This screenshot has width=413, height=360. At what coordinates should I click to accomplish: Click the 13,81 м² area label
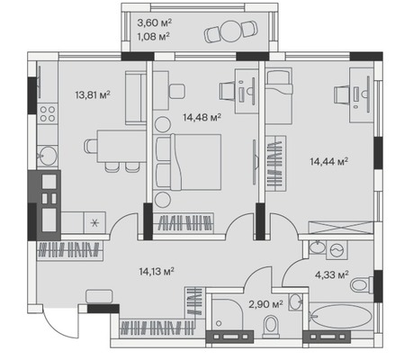click(x=93, y=95)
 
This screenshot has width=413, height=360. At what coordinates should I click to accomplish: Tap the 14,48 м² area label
click(x=202, y=117)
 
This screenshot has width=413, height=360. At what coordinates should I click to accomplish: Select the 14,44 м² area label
click(x=329, y=162)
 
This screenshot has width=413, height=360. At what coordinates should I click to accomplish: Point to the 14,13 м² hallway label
click(x=157, y=272)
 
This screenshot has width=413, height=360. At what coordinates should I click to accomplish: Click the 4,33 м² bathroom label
click(x=332, y=274)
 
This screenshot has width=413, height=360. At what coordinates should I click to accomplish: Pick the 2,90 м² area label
click(x=265, y=304)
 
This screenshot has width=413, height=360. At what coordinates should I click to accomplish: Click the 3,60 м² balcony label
click(x=155, y=22)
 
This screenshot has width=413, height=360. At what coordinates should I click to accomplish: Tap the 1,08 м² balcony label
click(x=154, y=37)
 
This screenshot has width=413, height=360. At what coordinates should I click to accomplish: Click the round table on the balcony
click(x=231, y=31)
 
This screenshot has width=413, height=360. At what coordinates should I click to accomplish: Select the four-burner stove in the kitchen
click(x=48, y=114)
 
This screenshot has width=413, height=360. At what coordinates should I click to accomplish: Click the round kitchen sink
click(x=48, y=155)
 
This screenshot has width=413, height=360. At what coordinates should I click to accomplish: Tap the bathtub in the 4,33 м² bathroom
click(x=341, y=317)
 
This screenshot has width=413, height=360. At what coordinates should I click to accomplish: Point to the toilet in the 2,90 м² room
click(x=271, y=326)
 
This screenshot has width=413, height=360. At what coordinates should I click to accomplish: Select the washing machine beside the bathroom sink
click(x=337, y=249)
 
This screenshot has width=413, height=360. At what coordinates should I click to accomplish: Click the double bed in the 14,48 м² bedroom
click(x=187, y=162)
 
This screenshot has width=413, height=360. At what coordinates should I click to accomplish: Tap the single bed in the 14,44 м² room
click(x=279, y=96)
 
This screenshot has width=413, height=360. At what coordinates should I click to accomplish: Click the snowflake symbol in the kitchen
click(x=94, y=223)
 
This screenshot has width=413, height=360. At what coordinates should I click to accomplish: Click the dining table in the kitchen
click(x=121, y=147)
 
